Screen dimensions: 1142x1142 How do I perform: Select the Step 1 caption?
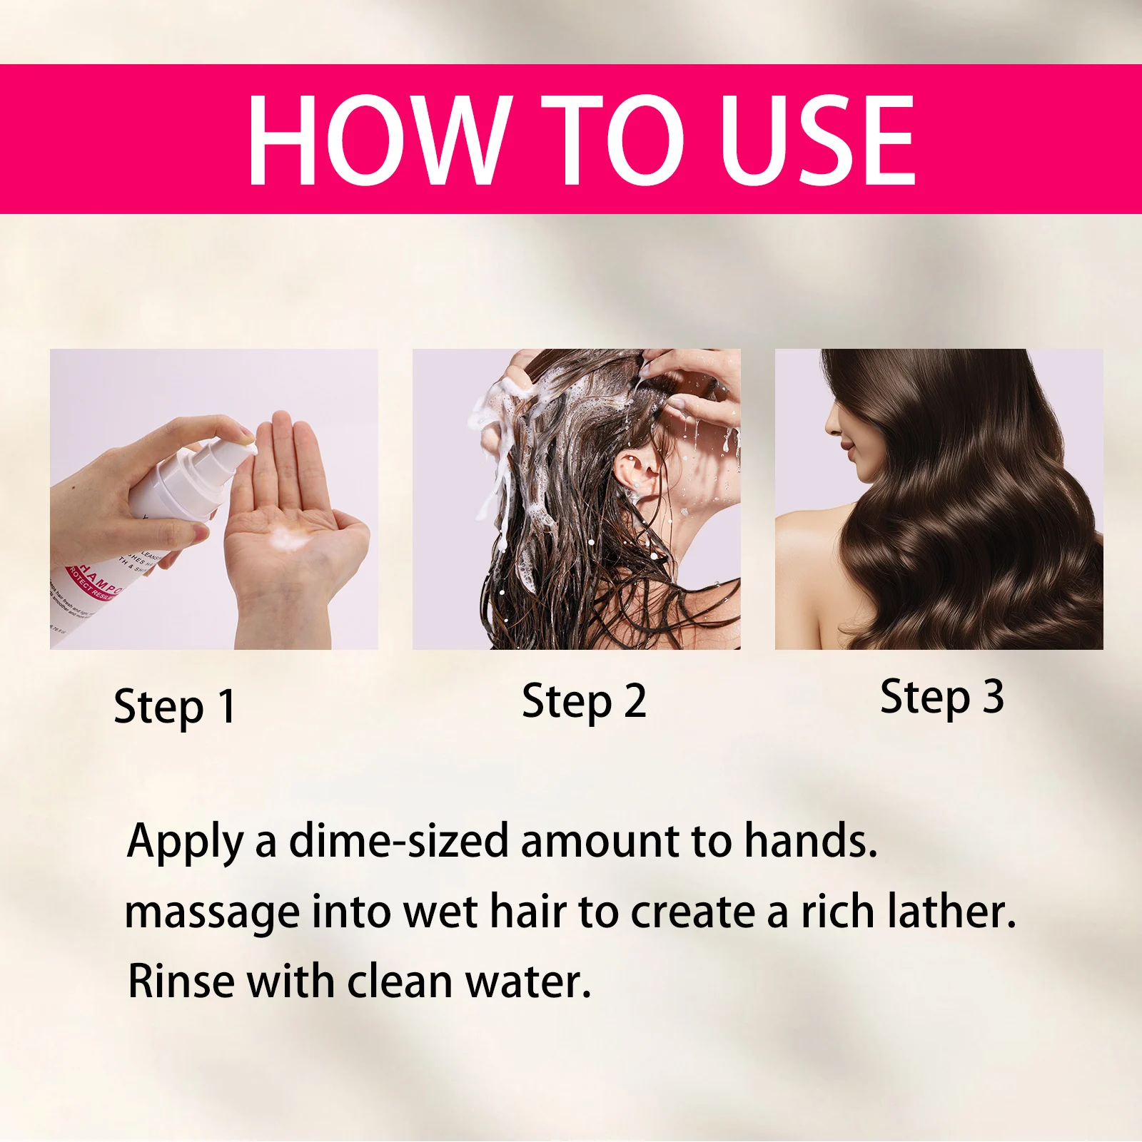pyautogui.click(x=175, y=707)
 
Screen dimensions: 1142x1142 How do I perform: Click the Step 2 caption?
pyautogui.click(x=584, y=701)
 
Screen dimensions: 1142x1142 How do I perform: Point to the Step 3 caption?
pyautogui.click(x=941, y=697)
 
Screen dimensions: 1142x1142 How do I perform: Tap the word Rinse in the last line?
pyautogui.click(x=181, y=982)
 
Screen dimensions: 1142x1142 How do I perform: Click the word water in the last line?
pyautogui.click(x=528, y=982)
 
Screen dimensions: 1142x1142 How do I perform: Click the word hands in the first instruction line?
pyautogui.click(x=810, y=841)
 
